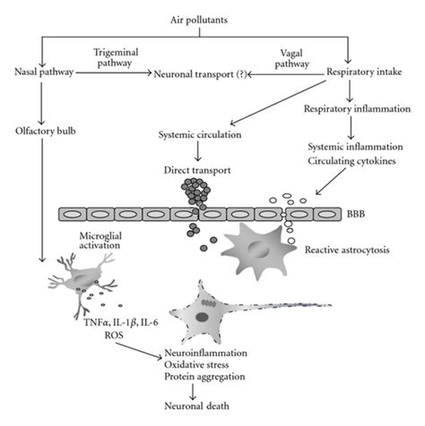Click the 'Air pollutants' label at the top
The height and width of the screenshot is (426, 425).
pos(211,19)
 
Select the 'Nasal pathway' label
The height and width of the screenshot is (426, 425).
pos(42,72)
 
